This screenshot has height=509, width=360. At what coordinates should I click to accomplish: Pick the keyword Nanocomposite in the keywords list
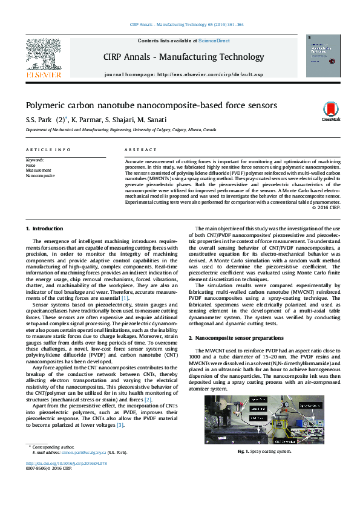tap(40, 175)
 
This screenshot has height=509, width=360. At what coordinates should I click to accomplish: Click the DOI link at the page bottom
tap(66, 463)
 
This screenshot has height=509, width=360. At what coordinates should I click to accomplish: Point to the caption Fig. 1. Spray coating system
tap(264, 451)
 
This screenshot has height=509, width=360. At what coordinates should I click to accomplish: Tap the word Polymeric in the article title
tap(45, 105)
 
